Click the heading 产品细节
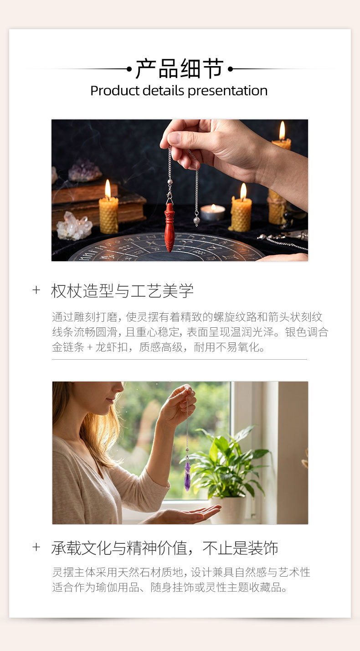pos(180,68)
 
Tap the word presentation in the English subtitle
pos(227,91)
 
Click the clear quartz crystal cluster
pos(74,226)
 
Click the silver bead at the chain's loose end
pos(196,221)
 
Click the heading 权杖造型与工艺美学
pos(122,291)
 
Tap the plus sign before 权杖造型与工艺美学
pos(36,290)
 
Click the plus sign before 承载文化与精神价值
pos(36,547)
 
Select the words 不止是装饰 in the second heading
pos(240,548)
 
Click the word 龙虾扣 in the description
pos(112,347)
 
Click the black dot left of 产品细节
pos(129,69)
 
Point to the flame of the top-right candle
pos(282,130)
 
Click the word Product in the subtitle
pos(115,91)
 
